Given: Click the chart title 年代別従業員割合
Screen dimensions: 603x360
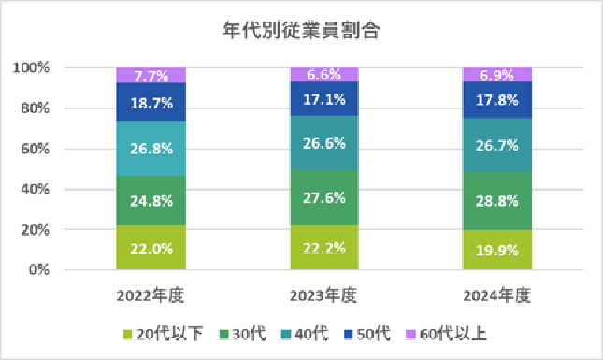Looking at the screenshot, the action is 301,30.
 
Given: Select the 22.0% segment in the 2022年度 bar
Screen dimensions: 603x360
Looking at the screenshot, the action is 151,247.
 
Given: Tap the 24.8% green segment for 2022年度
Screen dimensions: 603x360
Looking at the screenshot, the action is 151,200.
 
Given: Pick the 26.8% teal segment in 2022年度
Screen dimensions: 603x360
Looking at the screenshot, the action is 151,148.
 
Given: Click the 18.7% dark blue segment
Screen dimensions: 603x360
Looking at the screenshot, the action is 151,102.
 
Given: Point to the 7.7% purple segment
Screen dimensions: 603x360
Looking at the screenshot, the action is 151,76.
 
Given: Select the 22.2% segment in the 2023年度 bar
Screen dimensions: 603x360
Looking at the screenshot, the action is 324,247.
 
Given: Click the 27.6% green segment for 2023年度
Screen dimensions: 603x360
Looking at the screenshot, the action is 324,197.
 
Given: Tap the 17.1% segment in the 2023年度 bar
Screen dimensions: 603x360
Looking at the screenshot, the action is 324,98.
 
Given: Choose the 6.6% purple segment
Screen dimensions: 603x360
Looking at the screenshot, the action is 324,74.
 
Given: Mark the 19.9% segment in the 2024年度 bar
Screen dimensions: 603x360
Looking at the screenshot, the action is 497,250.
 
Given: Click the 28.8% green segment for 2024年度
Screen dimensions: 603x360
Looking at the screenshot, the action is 497,201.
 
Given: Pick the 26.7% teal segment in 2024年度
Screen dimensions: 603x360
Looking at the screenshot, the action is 497,145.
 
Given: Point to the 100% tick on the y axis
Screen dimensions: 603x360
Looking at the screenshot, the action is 31,67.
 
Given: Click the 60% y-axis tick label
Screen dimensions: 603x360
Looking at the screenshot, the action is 35,149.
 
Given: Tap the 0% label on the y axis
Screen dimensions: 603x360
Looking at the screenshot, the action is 39,269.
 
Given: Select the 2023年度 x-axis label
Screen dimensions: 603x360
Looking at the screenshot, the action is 323,295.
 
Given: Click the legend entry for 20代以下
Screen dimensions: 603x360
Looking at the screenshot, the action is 163,334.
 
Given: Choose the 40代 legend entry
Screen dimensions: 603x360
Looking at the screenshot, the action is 305,334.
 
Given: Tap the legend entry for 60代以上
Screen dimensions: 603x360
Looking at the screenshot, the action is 447,334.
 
